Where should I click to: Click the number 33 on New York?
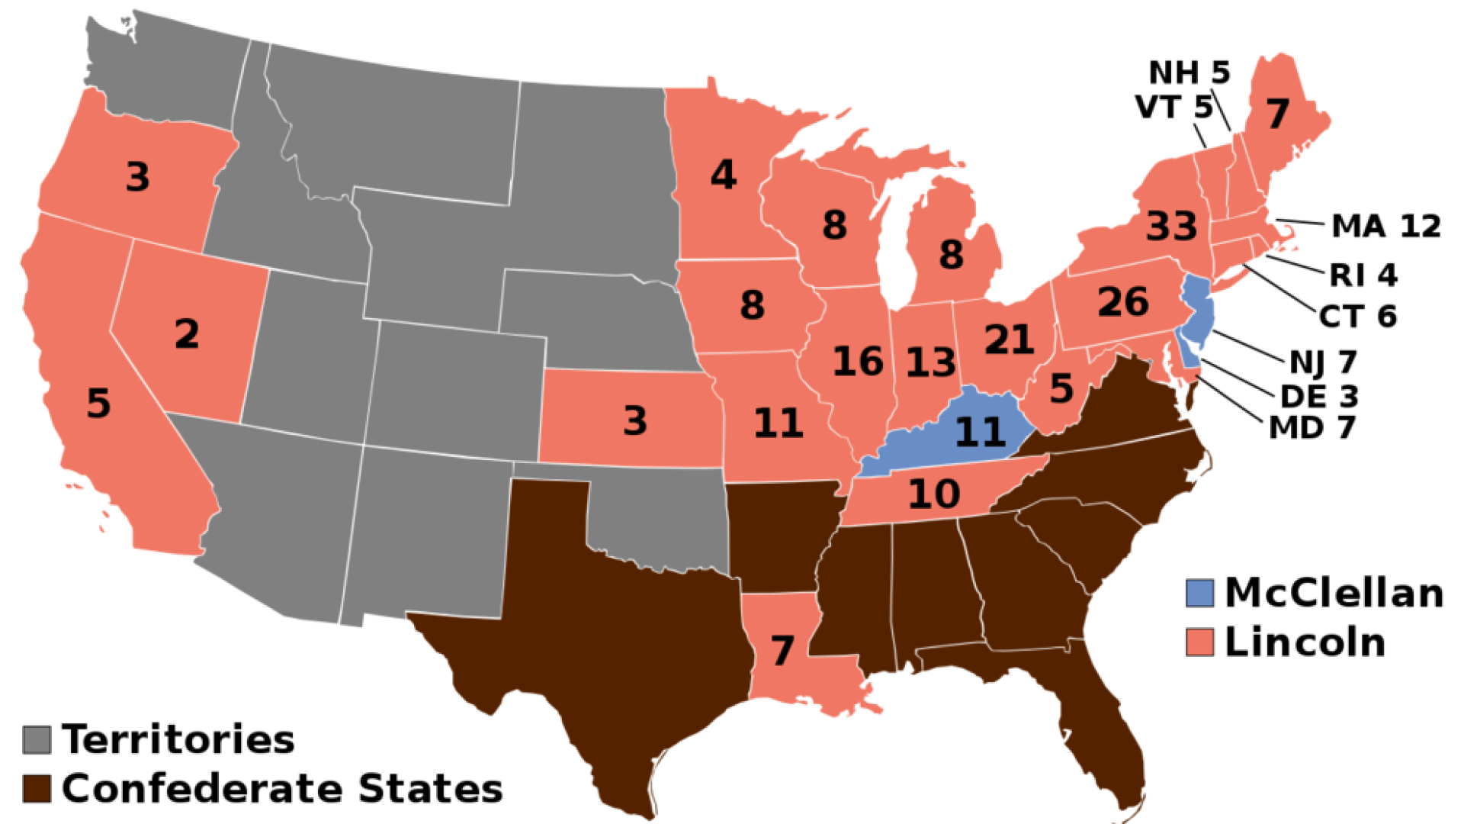click(x=1171, y=227)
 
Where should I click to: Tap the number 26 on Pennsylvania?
click(x=1123, y=302)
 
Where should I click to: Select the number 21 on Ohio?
click(x=1009, y=340)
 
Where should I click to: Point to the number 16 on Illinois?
click(x=858, y=362)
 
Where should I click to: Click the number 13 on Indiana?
click(x=930, y=362)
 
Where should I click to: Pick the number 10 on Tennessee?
click(x=934, y=494)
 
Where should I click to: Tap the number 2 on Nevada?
click(x=187, y=334)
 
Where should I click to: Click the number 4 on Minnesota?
click(x=723, y=175)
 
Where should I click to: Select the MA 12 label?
click(x=1385, y=227)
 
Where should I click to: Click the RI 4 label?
click(x=1364, y=275)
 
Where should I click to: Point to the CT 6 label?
click(x=1358, y=316)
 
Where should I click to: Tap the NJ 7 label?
click(x=1323, y=361)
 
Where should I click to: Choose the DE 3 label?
click(x=1319, y=396)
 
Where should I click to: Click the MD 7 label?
click(x=1311, y=427)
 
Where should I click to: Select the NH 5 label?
click(x=1189, y=72)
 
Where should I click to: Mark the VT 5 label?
click(x=1173, y=108)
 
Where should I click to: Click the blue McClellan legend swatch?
click(x=1199, y=593)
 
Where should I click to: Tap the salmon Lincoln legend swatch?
click(x=1199, y=642)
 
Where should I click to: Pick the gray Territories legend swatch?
click(x=37, y=739)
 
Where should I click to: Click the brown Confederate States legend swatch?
click(x=37, y=788)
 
